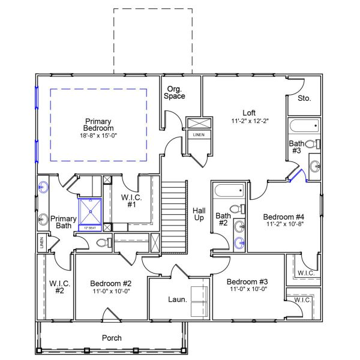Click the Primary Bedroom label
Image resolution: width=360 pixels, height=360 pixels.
click(x=99, y=124)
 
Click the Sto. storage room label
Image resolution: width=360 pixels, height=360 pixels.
click(x=304, y=98)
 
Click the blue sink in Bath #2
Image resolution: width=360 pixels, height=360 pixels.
click(x=239, y=242)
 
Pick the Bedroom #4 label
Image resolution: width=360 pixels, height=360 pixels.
click(x=284, y=217)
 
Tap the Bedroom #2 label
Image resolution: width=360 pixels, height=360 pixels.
click(x=110, y=283)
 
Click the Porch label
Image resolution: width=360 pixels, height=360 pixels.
click(x=112, y=338)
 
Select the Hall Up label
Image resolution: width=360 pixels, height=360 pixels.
click(x=199, y=215)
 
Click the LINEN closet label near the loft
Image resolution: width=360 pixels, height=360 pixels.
click(x=198, y=135)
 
